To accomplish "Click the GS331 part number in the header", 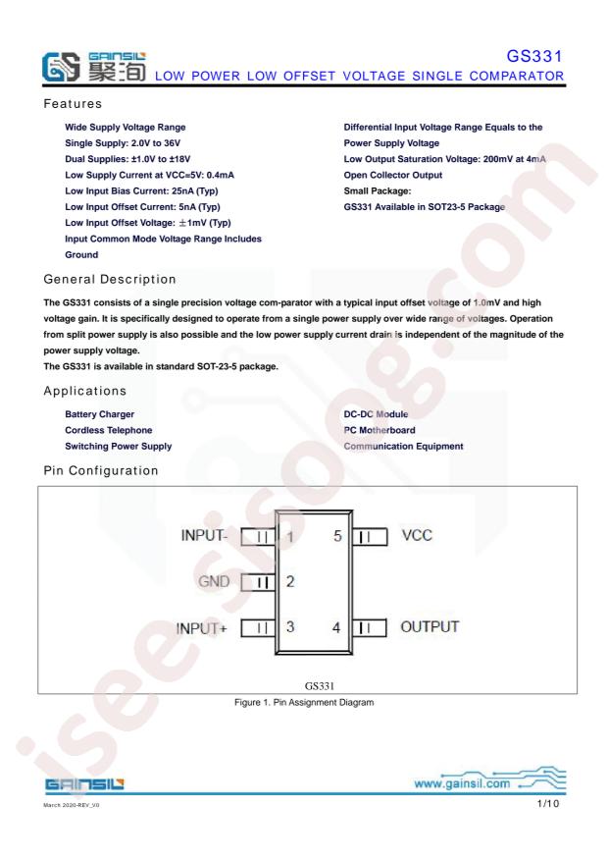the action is [534, 56].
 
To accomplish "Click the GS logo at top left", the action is [61, 67].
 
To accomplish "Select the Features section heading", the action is [73, 104].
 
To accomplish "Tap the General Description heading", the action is [110, 279].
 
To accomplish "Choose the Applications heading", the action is [85, 391].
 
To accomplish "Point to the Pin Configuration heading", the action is [101, 470].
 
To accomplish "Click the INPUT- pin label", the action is [204, 535].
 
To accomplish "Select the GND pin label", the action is [214, 581].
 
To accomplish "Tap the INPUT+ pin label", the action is [201, 628].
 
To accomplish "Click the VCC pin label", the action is [417, 535].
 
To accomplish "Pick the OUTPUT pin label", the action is [430, 627].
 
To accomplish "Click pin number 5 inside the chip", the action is [337, 536].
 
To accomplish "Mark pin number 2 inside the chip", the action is [290, 581].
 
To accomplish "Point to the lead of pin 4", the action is [370, 627].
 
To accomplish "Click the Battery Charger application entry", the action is [99, 414].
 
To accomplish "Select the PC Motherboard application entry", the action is [380, 430].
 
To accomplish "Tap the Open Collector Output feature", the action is [393, 175].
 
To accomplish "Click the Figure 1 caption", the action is [304, 702].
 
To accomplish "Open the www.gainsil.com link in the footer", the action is [462, 783].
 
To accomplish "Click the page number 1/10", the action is [548, 804].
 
